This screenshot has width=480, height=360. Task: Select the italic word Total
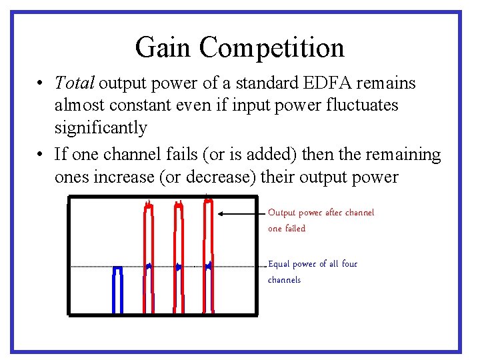point(75,83)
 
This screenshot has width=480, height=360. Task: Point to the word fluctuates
point(362,105)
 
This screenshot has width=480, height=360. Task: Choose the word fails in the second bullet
point(180,155)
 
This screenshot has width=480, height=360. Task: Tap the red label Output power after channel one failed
point(321,220)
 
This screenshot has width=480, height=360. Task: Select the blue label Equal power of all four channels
point(312,271)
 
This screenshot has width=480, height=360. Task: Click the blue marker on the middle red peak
point(178,267)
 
